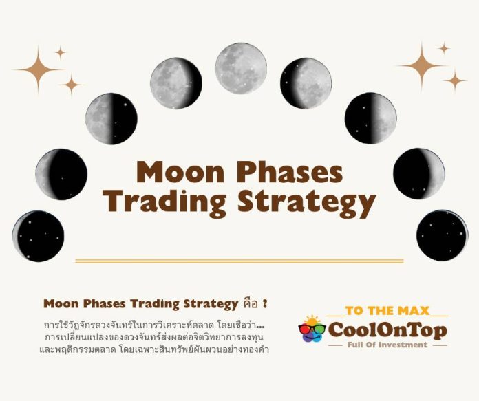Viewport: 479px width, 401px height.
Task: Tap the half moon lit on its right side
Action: [370, 118]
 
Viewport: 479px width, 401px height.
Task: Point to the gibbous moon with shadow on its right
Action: [175, 83]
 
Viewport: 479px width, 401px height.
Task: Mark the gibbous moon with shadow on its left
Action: [306, 83]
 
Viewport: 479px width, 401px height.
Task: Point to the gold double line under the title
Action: [239, 261]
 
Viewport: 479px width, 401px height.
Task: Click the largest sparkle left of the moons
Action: [37, 69]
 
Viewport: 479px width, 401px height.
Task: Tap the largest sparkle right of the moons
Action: [421, 66]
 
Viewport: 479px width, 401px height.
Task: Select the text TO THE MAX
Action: [387, 311]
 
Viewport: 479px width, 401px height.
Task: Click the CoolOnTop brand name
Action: [387, 330]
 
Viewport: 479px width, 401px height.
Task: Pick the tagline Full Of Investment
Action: [387, 345]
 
